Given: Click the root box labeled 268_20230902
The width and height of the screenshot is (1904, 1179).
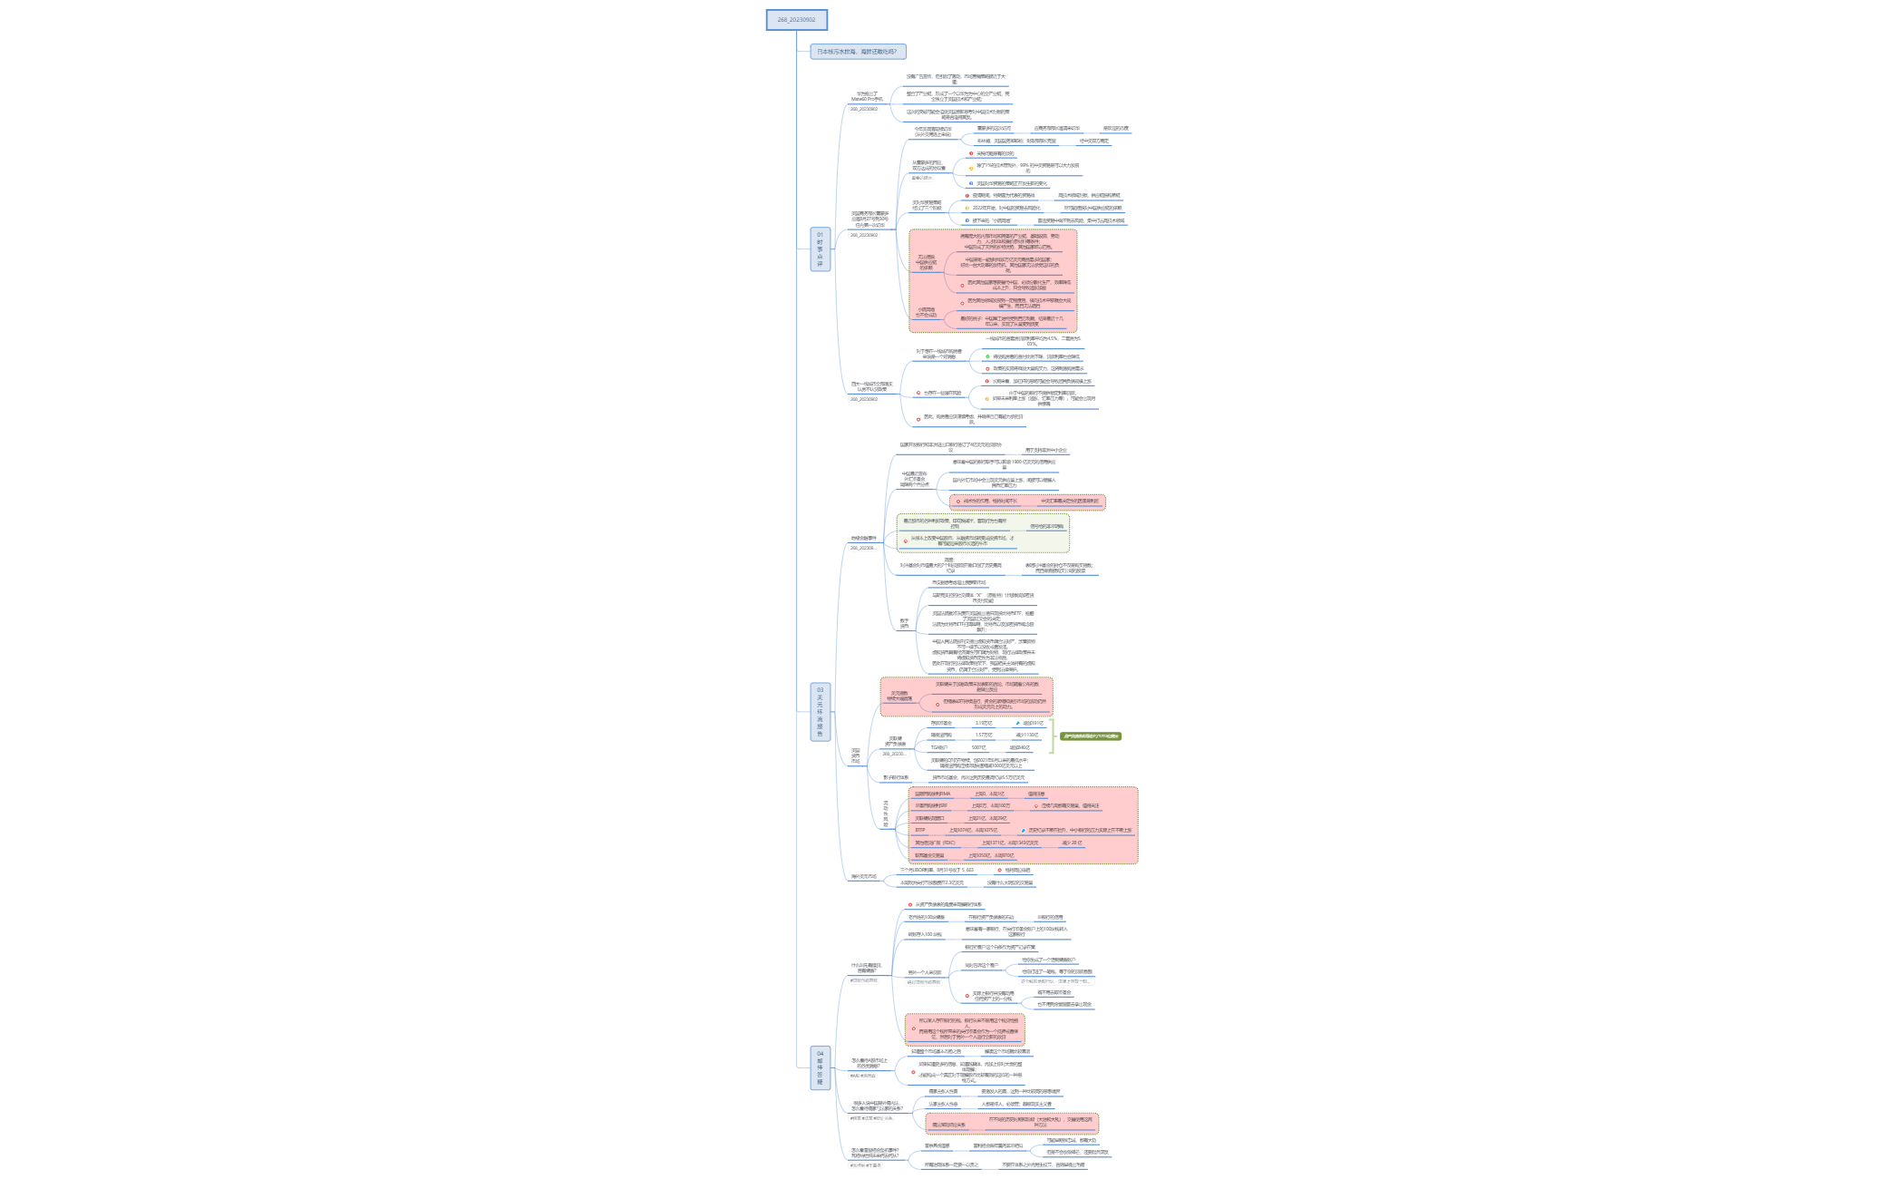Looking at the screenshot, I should point(796,19).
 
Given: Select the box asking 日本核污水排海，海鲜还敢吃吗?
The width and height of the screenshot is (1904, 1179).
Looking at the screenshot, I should point(857,52).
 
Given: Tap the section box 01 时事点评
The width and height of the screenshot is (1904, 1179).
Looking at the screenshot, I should point(820,248).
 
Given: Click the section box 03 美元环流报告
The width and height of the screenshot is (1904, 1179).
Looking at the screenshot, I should point(820,712).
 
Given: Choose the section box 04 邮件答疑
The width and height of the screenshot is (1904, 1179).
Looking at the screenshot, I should point(820,1067).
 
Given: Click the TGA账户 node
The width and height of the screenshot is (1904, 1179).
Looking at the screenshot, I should point(939,748).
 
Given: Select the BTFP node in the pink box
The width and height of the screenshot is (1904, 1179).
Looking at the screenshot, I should point(920,830).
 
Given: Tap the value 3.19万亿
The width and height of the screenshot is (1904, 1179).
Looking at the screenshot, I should point(983,723).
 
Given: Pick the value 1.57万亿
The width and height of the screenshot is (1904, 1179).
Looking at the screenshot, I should point(983,735).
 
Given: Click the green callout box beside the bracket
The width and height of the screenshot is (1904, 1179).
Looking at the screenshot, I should point(1091,736).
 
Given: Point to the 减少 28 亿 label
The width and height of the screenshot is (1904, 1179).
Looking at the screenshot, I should point(1071,843).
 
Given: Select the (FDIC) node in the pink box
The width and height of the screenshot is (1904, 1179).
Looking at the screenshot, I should point(935,843).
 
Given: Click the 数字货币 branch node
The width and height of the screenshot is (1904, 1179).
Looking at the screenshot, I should point(904,624).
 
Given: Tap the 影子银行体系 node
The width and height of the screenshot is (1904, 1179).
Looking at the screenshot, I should point(896,777).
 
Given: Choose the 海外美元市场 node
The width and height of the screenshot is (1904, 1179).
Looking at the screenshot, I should point(863,877).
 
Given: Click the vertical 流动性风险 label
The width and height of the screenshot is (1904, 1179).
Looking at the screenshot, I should point(886,814).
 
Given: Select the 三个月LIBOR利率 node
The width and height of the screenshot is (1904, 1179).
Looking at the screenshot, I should point(937,870).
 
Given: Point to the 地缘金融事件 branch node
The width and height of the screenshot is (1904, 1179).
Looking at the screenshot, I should point(863,539).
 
